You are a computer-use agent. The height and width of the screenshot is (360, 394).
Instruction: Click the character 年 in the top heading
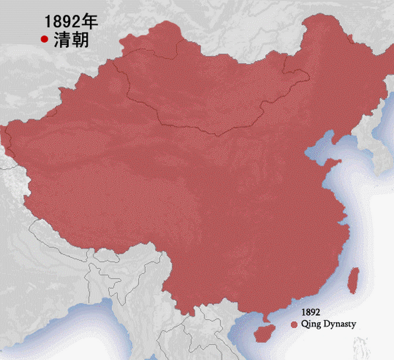click(90, 22)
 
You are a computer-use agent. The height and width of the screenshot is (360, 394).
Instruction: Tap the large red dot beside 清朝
click(44, 40)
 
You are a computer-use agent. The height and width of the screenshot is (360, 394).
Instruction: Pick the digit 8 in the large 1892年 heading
click(57, 23)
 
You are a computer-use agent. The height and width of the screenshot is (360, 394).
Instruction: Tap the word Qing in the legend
click(311, 325)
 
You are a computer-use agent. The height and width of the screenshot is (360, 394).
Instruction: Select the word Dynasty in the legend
click(339, 325)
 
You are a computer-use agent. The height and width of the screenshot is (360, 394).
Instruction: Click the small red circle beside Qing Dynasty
click(294, 325)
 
